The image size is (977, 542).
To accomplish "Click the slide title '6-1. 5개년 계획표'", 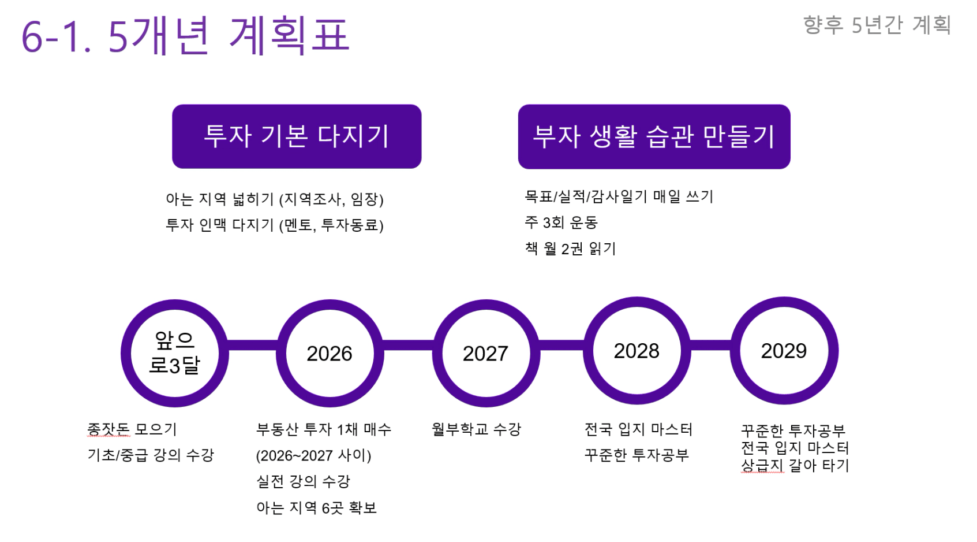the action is coord(185,35).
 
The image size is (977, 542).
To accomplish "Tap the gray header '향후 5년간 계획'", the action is coord(877,25).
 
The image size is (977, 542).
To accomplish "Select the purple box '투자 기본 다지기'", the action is coord(297,136).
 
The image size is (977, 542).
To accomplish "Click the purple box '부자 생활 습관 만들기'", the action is coord(654,136).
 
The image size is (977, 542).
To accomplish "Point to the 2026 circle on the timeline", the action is coord(330,353).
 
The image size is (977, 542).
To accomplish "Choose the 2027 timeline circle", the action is coord(486,353).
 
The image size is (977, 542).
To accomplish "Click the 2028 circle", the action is coord(637,351).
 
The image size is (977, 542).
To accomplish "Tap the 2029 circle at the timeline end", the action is coord(784,351).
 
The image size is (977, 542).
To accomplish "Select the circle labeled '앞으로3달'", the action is coord(174,353).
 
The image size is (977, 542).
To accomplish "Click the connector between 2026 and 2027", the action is coord(408,346).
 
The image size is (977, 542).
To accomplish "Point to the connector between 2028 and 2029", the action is coord(710,346).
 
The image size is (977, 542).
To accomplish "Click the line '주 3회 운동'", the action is coord(561,222).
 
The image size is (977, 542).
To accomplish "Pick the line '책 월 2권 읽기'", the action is coord(570,248).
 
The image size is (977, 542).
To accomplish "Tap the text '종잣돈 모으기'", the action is coord(132,429).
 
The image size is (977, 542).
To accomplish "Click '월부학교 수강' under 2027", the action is coord(477,429).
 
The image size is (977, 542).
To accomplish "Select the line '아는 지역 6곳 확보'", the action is coord(317,508).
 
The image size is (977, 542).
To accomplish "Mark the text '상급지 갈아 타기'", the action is coord(795,465).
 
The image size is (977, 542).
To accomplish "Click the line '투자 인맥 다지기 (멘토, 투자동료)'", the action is coord(275,225).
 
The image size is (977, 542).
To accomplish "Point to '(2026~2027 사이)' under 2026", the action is coord(314,455).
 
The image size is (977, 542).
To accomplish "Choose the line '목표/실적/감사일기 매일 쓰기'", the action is coord(619,196).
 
